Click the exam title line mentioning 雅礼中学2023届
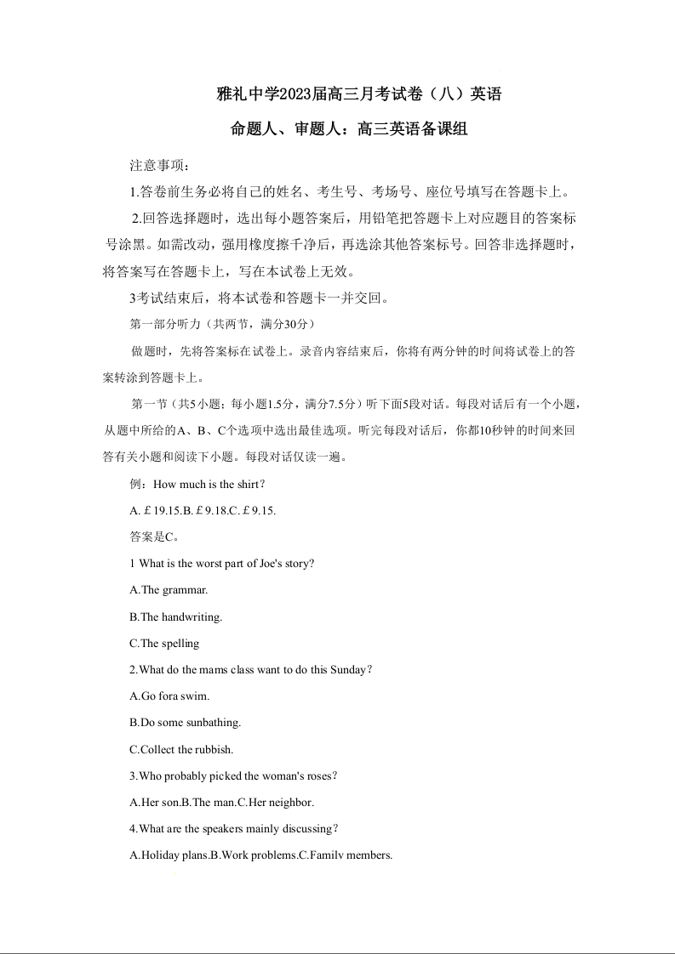coord(359,94)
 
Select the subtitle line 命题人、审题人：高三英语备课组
coord(350,130)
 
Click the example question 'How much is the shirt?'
coord(198,485)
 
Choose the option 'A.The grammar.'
coord(169,590)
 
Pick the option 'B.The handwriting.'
coord(175,617)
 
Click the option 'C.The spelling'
coord(164,644)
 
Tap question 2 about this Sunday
coord(250,670)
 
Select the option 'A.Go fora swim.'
coord(169,696)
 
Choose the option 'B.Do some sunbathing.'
coord(185,723)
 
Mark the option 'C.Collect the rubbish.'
coord(181,750)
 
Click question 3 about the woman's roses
coord(234,776)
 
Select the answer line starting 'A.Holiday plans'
coord(260,855)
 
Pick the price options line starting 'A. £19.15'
coord(203,511)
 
